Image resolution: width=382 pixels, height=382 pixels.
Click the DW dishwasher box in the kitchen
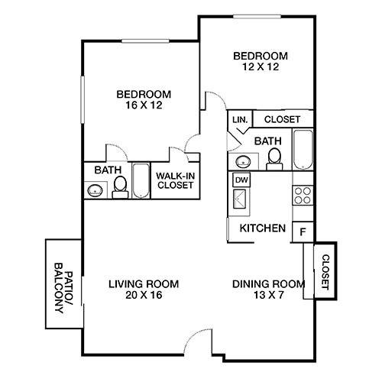(241, 180)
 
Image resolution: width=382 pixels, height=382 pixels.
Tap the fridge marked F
(303, 230)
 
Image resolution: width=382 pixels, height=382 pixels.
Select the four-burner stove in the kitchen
(303, 194)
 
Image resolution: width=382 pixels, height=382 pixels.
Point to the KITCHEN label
(263, 228)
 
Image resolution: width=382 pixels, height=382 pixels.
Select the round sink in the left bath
(95, 190)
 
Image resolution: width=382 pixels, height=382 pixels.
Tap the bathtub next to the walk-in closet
(142, 181)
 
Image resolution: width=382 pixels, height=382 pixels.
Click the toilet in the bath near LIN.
(275, 157)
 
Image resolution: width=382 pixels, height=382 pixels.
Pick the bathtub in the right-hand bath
(303, 151)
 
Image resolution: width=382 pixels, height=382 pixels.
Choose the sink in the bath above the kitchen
(242, 161)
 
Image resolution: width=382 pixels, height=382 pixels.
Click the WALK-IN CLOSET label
(175, 181)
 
